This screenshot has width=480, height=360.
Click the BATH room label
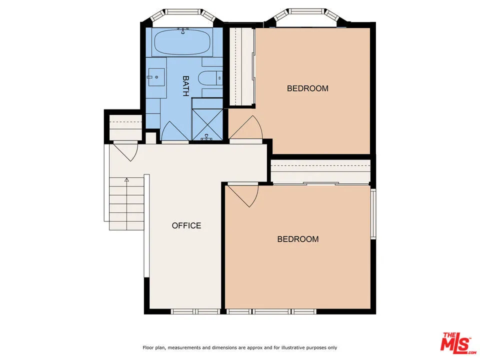click(x=185, y=85)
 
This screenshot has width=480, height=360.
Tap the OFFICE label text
click(x=186, y=225)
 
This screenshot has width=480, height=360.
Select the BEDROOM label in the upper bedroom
click(x=307, y=88)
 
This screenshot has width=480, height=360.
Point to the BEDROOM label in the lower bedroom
click(x=298, y=239)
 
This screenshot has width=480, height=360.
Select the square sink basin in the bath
click(x=156, y=77)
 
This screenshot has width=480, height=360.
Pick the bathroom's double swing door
click(x=175, y=131)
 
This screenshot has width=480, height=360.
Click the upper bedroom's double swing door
click(x=245, y=129)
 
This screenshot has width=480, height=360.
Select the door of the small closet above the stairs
click(x=125, y=150)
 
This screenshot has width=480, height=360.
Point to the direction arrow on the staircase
click(x=127, y=179)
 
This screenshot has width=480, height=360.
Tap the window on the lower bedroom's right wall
click(x=373, y=213)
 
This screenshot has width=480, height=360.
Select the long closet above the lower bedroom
click(x=320, y=171)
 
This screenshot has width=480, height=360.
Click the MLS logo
click(x=455, y=343)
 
